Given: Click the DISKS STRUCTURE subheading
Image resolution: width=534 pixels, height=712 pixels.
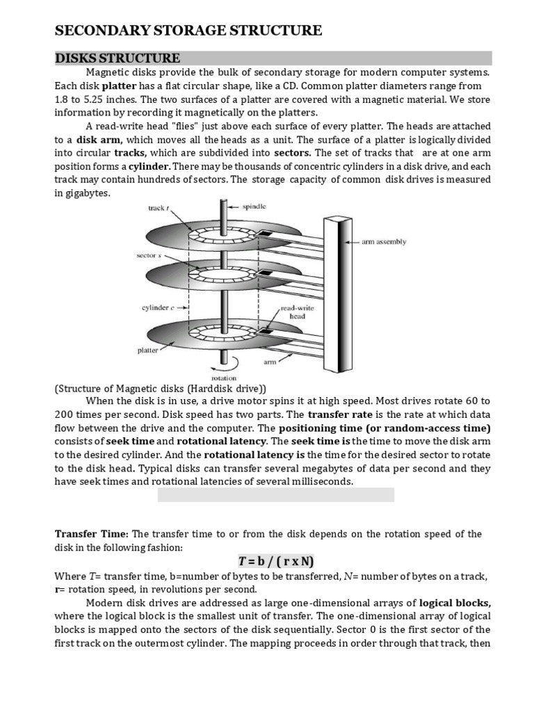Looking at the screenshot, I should pyautogui.click(x=118, y=58).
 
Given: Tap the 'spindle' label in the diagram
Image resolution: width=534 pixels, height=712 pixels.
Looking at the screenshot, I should pyautogui.click(x=254, y=207).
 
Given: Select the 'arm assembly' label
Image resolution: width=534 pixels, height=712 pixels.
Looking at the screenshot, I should pyautogui.click(x=385, y=242).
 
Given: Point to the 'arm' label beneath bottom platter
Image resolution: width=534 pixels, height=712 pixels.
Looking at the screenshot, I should pyautogui.click(x=270, y=362).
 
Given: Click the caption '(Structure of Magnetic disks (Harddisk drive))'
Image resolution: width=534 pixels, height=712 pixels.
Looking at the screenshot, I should pyautogui.click(x=161, y=388).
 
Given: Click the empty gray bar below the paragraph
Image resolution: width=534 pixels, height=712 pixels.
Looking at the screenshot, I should pyautogui.click(x=276, y=494).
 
